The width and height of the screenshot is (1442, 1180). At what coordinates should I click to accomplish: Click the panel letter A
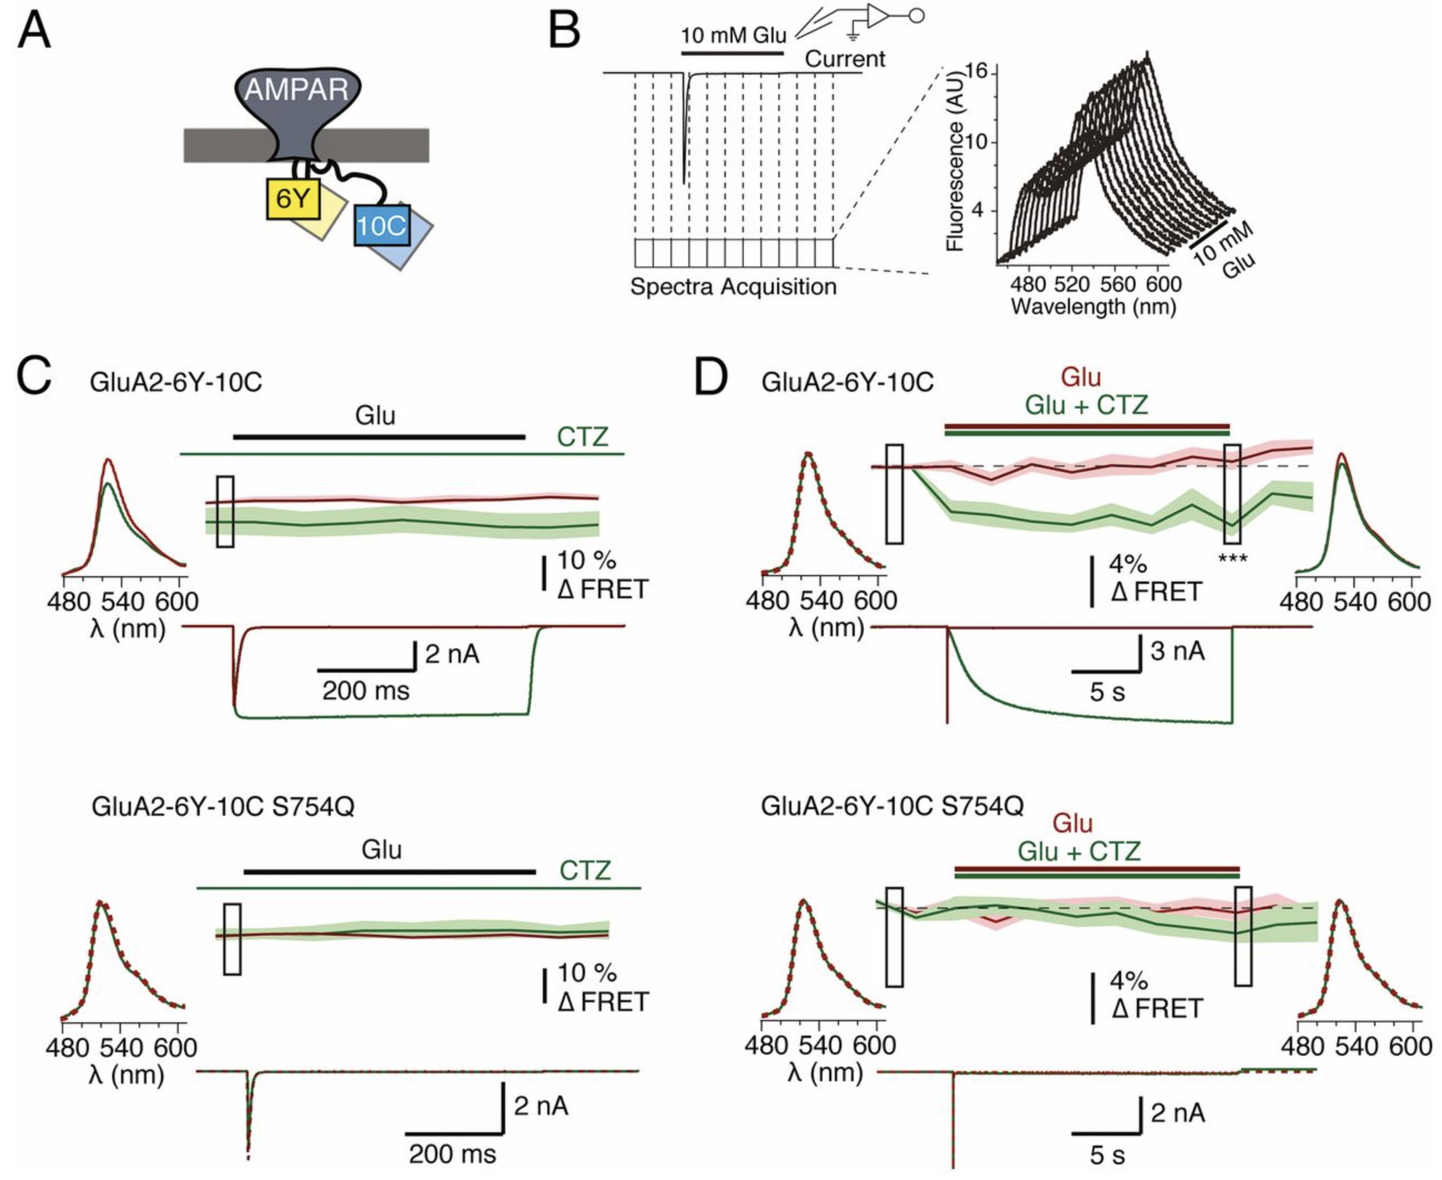click(x=34, y=33)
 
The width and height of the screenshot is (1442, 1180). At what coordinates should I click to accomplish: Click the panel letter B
click(x=563, y=33)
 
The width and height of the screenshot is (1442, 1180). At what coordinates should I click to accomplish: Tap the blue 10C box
click(x=381, y=226)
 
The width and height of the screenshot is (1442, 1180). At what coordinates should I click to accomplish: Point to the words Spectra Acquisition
click(x=733, y=287)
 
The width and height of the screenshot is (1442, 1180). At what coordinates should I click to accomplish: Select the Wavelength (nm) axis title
click(x=1093, y=306)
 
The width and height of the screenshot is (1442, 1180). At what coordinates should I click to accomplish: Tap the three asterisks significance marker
click(x=1232, y=559)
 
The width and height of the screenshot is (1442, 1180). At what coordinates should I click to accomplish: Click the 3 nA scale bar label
click(x=1177, y=650)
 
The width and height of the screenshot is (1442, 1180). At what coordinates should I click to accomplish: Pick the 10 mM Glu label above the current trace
click(x=733, y=36)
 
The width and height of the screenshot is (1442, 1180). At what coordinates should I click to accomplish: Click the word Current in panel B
click(x=845, y=59)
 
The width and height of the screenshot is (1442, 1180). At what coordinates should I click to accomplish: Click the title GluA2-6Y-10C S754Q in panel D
click(x=891, y=806)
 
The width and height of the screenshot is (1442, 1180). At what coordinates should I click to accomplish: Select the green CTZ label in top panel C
click(x=582, y=436)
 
